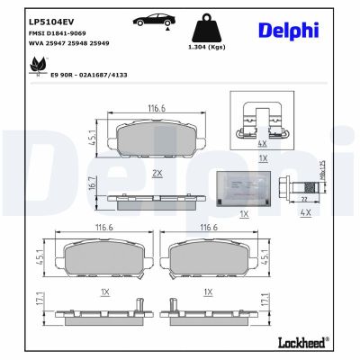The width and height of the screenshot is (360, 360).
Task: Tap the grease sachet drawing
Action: coord(245,186)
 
